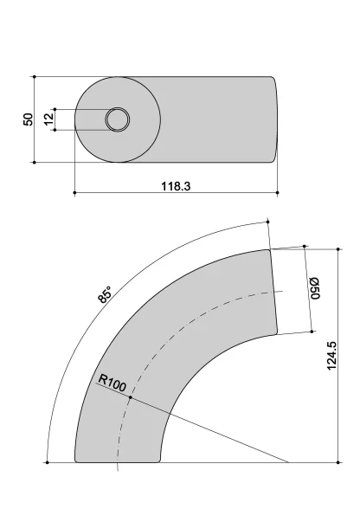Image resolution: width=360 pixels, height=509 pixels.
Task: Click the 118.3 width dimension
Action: [x=176, y=186]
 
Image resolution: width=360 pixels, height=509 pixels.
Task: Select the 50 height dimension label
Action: [x=29, y=119]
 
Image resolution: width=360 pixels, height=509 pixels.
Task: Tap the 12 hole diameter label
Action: [x=48, y=119]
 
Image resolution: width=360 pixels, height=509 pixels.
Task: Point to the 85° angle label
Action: [x=105, y=294]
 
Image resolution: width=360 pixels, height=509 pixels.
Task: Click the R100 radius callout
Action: [x=112, y=383]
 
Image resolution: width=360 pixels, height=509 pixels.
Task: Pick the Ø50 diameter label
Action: [x=315, y=288]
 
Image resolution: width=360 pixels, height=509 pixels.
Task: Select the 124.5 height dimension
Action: [x=331, y=356]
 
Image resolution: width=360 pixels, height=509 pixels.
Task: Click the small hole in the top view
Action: [x=118, y=119]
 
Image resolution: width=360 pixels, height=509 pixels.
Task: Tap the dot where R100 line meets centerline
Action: [x=131, y=397]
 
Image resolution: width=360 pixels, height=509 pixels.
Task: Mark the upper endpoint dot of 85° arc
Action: [x=267, y=222]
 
